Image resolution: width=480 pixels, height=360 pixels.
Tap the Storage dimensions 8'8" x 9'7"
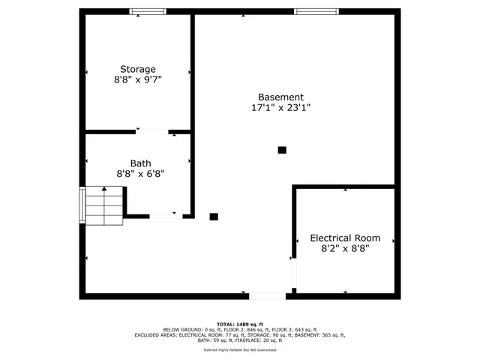[138, 79]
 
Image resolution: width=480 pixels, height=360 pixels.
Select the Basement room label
[280, 97]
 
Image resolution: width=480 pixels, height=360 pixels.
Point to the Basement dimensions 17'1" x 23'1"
[280, 107]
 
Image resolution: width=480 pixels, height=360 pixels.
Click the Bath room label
[140, 163]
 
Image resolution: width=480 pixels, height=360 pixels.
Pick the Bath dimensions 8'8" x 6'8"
[140, 173]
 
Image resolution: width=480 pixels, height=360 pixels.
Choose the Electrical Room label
[345, 238]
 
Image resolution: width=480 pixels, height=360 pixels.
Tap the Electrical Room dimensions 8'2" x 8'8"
[345, 248]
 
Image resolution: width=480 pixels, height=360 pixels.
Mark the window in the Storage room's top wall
[148, 11]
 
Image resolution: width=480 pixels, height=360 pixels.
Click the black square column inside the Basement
[282, 150]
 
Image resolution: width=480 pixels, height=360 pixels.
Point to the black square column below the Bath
[214, 216]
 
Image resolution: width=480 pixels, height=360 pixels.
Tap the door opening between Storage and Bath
[152, 133]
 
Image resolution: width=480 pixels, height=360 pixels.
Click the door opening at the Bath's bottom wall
[164, 216]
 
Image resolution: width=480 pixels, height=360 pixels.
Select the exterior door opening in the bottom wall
[267, 296]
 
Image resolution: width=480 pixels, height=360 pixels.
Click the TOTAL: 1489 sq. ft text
[240, 323]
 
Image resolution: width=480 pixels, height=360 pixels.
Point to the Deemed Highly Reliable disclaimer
[240, 350]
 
